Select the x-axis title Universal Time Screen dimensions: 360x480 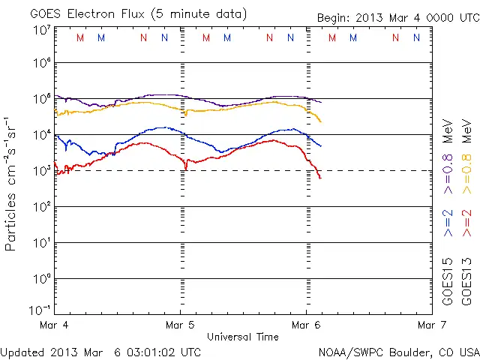(242, 337)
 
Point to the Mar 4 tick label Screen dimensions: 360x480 (55, 325)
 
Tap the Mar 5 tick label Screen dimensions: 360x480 (180, 325)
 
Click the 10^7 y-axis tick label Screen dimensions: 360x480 (41, 30)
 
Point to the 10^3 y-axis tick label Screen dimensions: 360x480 (41, 171)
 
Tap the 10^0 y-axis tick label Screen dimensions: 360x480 (41, 279)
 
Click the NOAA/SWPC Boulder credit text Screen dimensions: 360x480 (398, 351)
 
